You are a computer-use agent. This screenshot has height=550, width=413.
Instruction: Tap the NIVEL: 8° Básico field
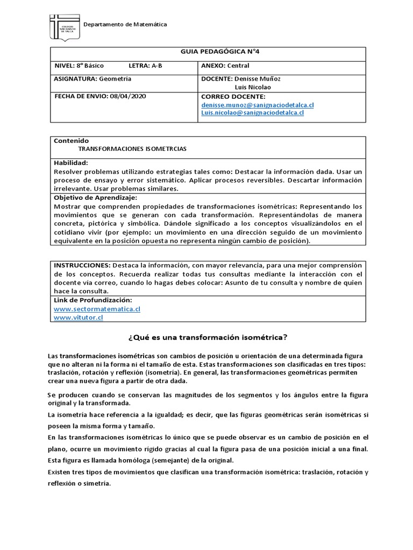click(x=79, y=66)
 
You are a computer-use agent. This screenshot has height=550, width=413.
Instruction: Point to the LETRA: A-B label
click(x=146, y=66)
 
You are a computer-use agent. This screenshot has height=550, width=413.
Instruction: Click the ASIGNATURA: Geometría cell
click(x=92, y=78)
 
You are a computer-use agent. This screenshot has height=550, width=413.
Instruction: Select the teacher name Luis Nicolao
click(x=253, y=87)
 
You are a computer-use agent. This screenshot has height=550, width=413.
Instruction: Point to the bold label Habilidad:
click(x=71, y=162)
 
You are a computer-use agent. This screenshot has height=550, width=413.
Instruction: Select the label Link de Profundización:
click(x=92, y=300)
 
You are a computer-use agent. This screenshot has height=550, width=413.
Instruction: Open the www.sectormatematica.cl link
click(x=97, y=309)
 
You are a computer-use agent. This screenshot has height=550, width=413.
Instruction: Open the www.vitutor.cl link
click(x=79, y=317)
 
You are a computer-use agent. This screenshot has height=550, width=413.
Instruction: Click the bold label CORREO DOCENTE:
click(x=230, y=96)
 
